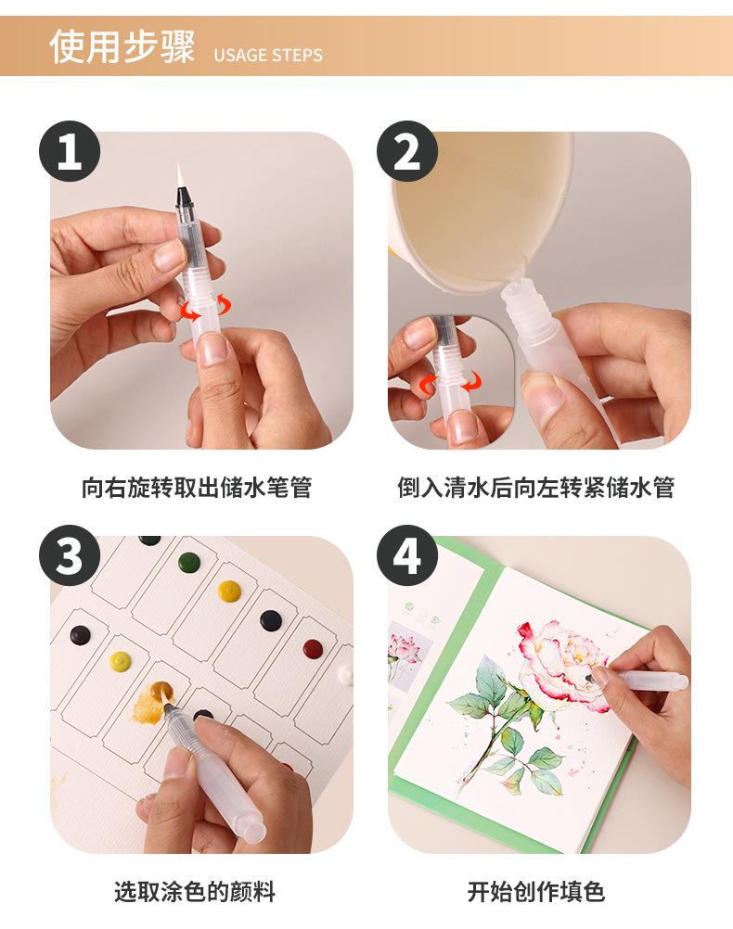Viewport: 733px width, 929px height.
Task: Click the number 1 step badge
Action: [x=70, y=151]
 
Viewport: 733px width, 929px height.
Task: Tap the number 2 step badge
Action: [x=407, y=151]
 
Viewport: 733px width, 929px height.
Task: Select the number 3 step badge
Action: [x=70, y=555]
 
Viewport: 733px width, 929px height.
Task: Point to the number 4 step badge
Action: [x=407, y=555]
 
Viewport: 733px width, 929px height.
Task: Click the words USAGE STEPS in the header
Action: [x=268, y=55]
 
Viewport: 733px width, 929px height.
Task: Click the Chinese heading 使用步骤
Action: [x=122, y=46]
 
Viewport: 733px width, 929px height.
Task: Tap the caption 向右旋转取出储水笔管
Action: [x=197, y=487]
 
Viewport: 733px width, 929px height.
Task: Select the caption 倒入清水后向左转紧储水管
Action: [x=535, y=487]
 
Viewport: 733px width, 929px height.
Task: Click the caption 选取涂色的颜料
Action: [x=195, y=891]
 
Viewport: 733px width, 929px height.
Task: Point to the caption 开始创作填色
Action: [x=535, y=891]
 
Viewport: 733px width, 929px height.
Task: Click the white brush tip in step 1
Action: [x=180, y=174]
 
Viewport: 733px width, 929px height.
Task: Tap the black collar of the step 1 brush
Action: [x=185, y=197]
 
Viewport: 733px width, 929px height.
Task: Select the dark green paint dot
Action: [x=189, y=562]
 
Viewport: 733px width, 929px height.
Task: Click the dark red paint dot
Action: [x=313, y=649]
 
